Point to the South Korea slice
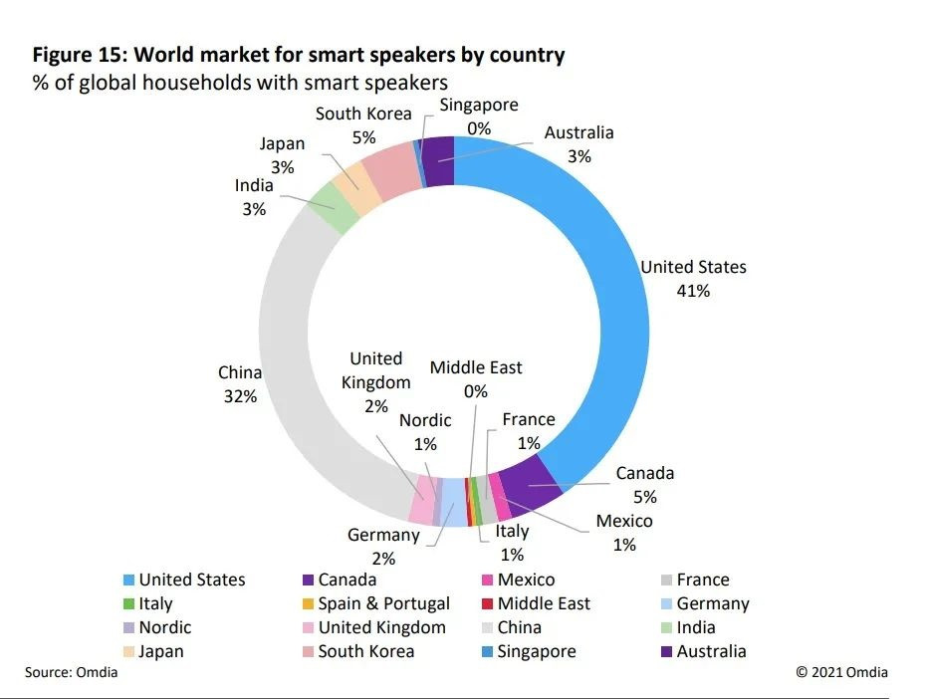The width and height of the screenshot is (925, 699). point(390,165)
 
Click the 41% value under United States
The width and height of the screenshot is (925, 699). point(693,292)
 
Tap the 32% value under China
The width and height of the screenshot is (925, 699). point(240,396)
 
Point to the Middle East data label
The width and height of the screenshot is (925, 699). point(476,368)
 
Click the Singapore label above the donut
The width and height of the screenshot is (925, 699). point(480,106)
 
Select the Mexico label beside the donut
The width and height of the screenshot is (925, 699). point(624,522)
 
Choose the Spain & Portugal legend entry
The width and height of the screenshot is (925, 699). point(383,603)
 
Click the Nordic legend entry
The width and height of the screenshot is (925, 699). point(164,627)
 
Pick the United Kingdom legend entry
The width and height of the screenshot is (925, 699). point(381,627)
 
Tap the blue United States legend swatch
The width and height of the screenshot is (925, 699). point(127,580)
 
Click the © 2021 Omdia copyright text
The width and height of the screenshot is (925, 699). point(841,672)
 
